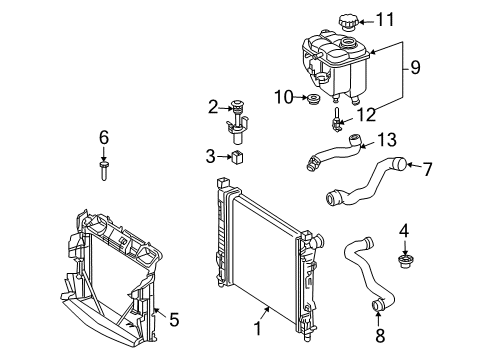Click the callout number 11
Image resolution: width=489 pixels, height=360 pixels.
click(x=385, y=20)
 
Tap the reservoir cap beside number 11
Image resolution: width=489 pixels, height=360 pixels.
click(x=348, y=22)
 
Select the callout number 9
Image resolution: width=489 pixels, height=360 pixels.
click(x=415, y=67)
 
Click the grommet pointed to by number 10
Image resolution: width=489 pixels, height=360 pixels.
click(x=313, y=99)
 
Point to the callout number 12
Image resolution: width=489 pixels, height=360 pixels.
click(x=366, y=115)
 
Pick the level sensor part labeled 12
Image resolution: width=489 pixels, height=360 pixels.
click(x=336, y=119)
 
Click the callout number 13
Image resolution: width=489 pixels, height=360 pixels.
click(x=387, y=140)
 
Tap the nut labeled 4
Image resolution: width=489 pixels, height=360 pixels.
click(x=405, y=261)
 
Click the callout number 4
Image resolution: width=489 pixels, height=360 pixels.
click(x=404, y=231)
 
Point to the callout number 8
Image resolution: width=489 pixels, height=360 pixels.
click(x=380, y=336)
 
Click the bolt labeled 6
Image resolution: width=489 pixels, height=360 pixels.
click(x=104, y=171)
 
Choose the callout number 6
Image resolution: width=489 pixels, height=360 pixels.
click(x=104, y=137)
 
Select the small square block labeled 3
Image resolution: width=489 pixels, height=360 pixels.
click(x=238, y=157)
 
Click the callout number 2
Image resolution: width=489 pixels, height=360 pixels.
click(x=213, y=107)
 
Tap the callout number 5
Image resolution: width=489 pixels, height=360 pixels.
click(x=174, y=320)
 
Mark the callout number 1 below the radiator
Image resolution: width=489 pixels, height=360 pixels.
click(x=258, y=328)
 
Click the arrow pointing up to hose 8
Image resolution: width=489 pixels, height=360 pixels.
click(x=378, y=318)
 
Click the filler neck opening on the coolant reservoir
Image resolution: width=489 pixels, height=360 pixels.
click(x=348, y=43)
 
